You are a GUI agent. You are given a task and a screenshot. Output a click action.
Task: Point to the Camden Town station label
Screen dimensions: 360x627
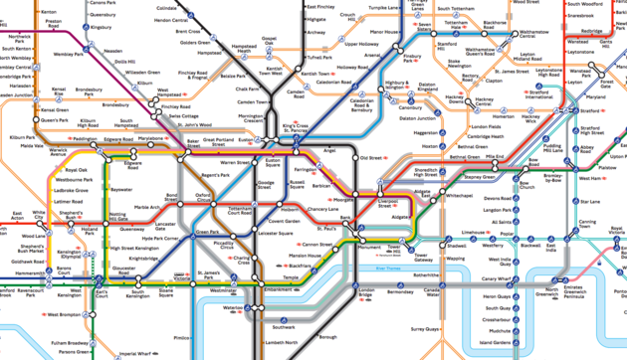[x=253, y=101]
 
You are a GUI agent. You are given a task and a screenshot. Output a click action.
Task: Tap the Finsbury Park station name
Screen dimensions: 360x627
[x=413, y=59]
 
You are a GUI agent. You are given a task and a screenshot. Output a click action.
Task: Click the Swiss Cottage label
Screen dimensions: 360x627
[x=184, y=116]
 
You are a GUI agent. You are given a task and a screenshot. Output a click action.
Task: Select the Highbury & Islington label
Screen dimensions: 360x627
[x=396, y=86]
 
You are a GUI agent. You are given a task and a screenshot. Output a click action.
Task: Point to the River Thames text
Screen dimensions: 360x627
[x=393, y=268]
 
